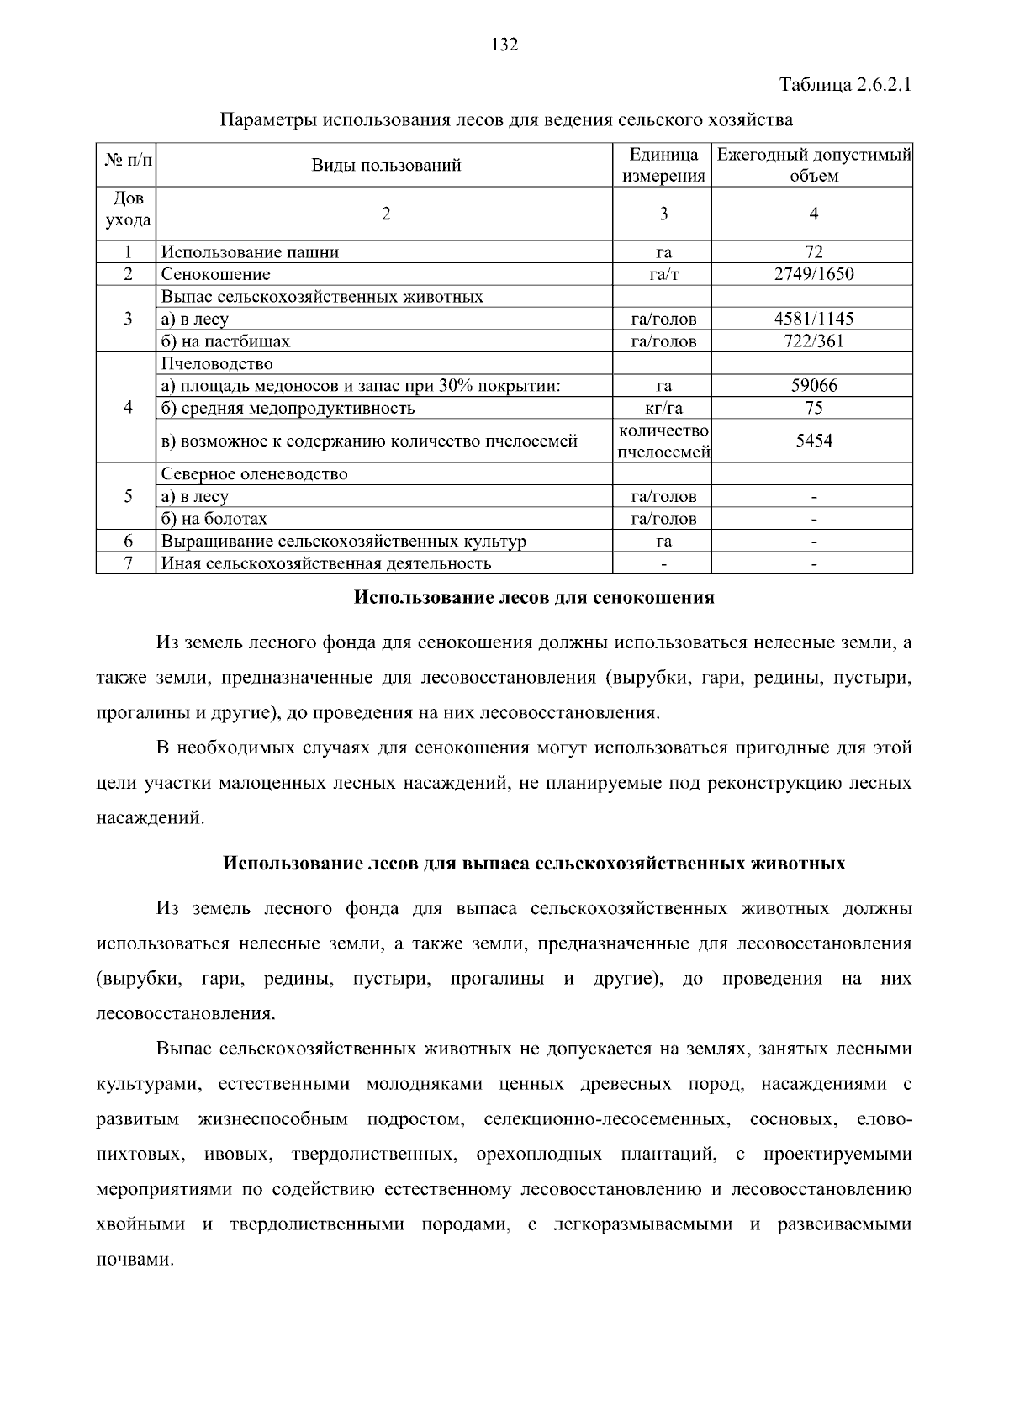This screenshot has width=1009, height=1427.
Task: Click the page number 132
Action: click(x=504, y=45)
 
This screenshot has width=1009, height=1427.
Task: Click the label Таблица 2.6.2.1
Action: click(x=845, y=86)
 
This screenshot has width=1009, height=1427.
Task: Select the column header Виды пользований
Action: click(x=386, y=165)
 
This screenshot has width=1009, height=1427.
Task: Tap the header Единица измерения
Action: click(x=663, y=166)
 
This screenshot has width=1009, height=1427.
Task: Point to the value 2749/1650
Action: click(x=813, y=274)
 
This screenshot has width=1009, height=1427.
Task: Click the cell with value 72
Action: click(x=813, y=251)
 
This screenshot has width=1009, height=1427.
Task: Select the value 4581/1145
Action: click(x=813, y=319)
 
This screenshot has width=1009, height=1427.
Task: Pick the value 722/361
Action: click(x=813, y=341)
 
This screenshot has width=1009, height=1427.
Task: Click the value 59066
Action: click(x=813, y=386)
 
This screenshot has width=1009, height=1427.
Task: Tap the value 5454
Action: click(x=813, y=441)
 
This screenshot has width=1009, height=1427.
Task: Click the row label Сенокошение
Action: click(x=216, y=274)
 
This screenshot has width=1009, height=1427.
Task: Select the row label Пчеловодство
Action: click(x=217, y=364)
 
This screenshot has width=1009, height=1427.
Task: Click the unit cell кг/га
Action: click(x=663, y=409)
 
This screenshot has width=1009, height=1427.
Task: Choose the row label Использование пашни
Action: click(x=250, y=251)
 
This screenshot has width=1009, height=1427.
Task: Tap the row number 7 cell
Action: click(x=127, y=563)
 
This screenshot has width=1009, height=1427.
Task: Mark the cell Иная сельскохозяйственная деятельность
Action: click(x=325, y=563)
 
